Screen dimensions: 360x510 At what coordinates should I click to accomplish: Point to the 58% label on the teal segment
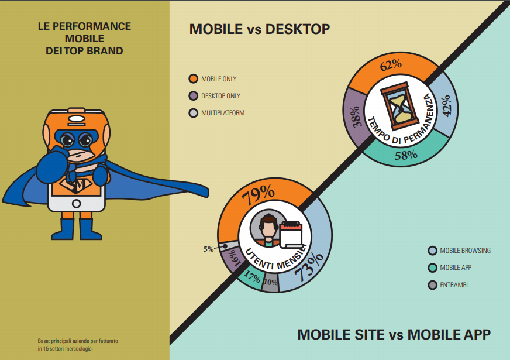406,155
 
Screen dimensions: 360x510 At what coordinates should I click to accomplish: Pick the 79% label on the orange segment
259,194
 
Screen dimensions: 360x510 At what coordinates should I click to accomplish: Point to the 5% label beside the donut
208,249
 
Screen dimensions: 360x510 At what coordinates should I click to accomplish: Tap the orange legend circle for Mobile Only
194,79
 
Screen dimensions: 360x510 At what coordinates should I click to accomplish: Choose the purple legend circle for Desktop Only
194,96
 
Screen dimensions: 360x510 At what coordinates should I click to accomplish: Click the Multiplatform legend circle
194,113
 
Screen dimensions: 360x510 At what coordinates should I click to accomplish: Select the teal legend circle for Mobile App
432,268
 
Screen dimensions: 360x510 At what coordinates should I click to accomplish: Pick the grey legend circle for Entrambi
432,285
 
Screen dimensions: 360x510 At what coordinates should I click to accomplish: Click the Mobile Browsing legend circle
432,251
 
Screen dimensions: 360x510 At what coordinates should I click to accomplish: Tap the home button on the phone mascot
76,203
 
